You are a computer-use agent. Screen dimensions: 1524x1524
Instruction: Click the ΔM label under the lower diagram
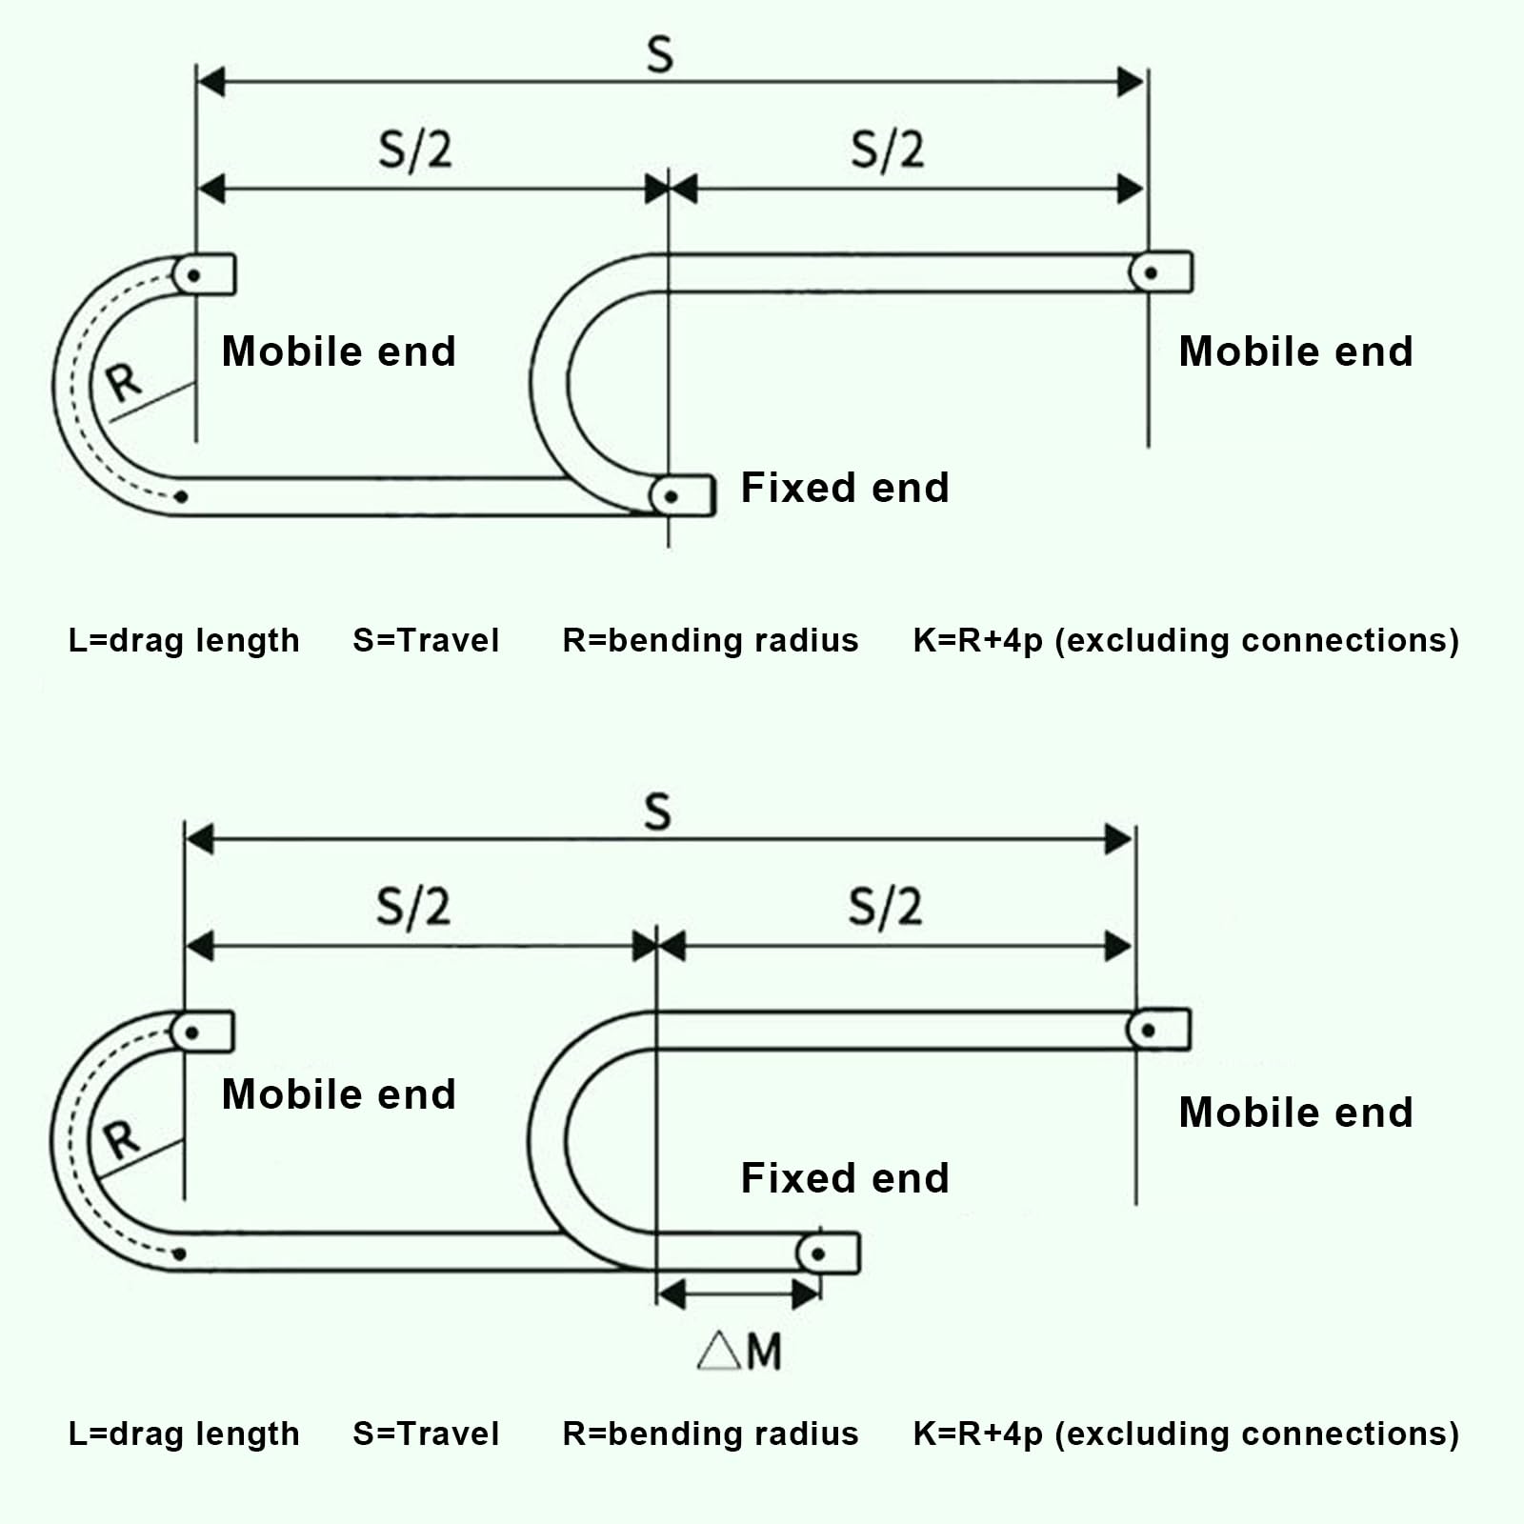(739, 1350)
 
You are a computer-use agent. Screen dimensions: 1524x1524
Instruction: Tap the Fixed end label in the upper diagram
(845, 488)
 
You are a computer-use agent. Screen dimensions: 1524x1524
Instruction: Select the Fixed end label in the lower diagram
(845, 1178)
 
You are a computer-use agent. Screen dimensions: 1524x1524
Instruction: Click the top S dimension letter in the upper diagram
(659, 54)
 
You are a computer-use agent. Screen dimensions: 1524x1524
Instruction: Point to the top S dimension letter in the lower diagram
(657, 812)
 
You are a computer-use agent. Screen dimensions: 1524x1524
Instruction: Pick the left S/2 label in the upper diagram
(414, 150)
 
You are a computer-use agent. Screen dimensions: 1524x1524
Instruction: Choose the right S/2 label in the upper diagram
(887, 150)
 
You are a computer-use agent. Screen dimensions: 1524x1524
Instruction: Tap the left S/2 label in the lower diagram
(412, 907)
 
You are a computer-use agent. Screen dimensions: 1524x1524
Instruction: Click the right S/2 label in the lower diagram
(885, 907)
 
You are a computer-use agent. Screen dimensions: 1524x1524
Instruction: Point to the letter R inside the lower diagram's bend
(121, 1139)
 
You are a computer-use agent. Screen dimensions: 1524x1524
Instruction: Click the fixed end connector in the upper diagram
(682, 495)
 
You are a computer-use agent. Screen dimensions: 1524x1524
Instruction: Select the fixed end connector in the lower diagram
(829, 1253)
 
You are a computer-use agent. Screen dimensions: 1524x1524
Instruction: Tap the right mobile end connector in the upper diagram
(1160, 272)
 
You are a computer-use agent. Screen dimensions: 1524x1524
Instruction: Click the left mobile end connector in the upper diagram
(204, 274)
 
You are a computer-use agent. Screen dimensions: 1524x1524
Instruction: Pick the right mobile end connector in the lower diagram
(1158, 1030)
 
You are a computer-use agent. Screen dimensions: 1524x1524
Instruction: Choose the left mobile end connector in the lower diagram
(202, 1032)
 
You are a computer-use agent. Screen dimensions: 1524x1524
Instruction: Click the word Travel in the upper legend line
(448, 640)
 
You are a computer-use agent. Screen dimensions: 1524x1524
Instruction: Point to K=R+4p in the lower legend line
(978, 1434)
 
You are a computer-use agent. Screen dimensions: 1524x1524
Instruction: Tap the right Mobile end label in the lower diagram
(1295, 1113)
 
